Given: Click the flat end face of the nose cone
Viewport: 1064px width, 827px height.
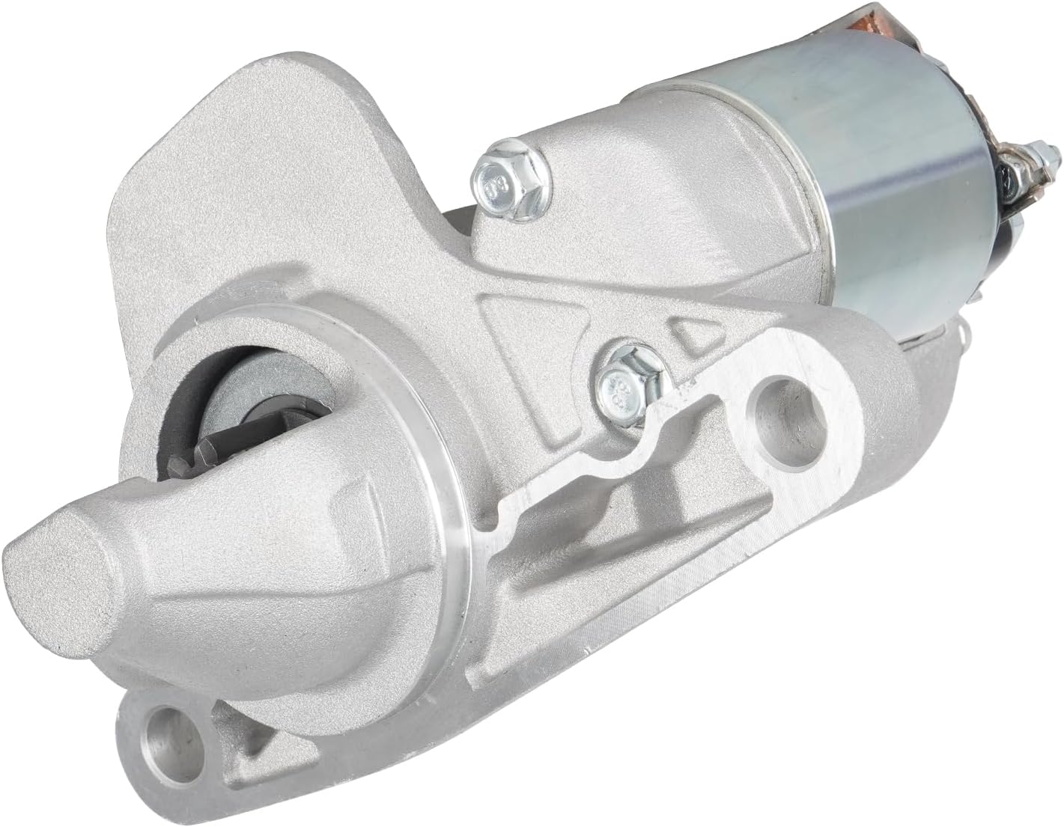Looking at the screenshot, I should tap(56, 569).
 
